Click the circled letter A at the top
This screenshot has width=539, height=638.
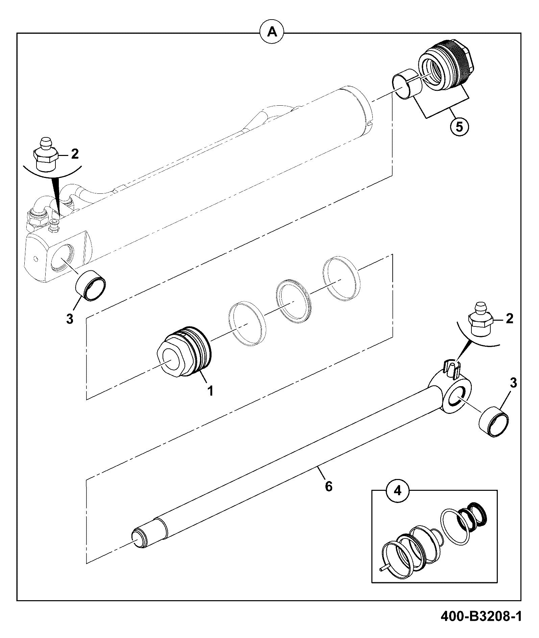272,32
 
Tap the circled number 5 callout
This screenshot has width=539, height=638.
459,127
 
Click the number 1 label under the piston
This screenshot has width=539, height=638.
210,391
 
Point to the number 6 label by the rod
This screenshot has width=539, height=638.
328,486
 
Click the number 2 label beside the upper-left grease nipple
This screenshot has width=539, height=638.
75,154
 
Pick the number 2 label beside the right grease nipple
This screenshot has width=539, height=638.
509,318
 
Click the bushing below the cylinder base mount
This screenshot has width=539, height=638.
90,285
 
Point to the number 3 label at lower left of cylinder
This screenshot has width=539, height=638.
70,319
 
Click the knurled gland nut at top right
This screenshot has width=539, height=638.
446,65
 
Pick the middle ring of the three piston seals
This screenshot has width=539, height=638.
293,301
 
